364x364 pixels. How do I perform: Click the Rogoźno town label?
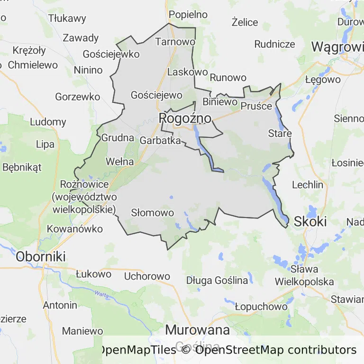(x=185, y=118)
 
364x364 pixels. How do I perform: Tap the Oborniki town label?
(x=41, y=256)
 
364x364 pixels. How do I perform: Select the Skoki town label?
(x=310, y=221)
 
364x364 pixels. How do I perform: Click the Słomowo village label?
(x=153, y=213)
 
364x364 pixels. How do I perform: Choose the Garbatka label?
(x=160, y=140)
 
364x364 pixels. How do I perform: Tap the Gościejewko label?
(x=111, y=54)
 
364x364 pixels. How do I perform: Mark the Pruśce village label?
(x=256, y=106)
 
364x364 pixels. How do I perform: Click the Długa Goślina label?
(x=217, y=280)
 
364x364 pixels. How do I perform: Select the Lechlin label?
(x=308, y=185)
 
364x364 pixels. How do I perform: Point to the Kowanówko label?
(x=75, y=229)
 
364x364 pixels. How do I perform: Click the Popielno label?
(x=188, y=14)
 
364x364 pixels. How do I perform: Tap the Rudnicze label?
(x=275, y=44)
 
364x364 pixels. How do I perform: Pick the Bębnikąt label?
(x=22, y=167)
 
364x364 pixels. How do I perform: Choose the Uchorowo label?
(x=147, y=276)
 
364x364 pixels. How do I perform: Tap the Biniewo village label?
(x=219, y=101)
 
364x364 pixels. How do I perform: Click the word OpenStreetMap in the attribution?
(x=239, y=350)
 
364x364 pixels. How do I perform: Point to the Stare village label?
(x=280, y=133)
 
